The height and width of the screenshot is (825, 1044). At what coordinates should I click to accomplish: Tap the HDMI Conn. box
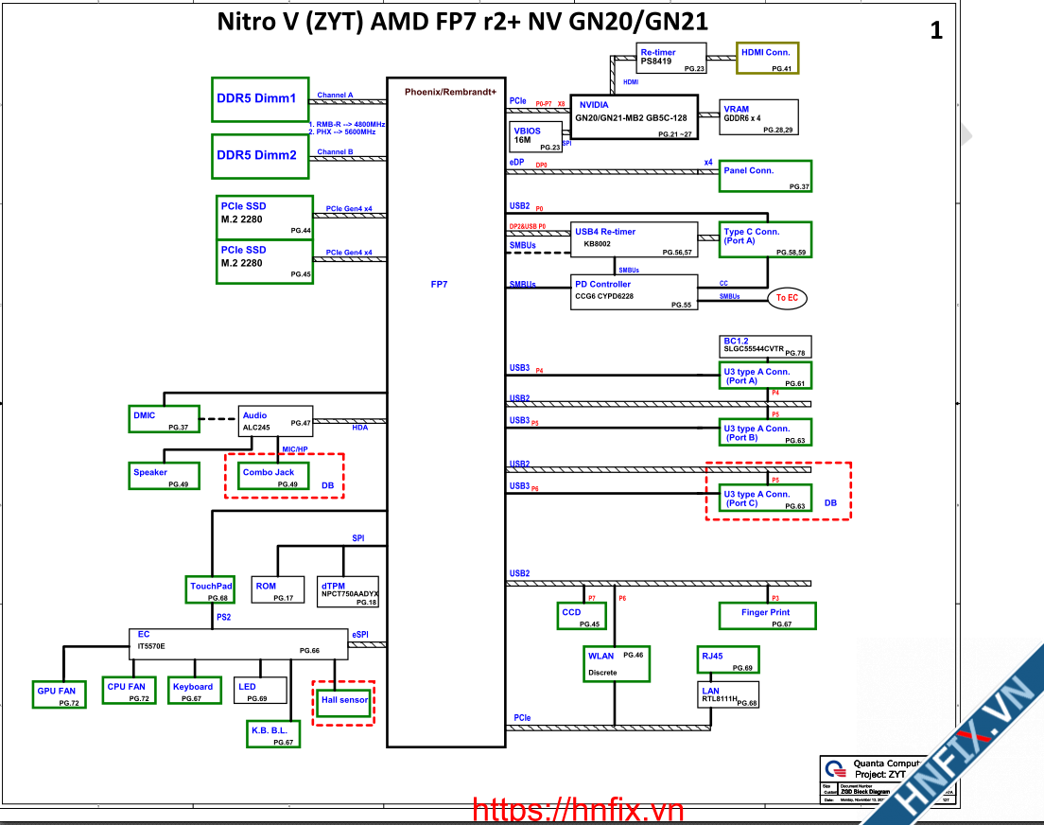(x=767, y=58)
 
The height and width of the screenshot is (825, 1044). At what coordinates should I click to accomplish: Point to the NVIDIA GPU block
(x=634, y=117)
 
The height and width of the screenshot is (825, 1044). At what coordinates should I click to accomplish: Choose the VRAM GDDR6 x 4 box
(x=758, y=116)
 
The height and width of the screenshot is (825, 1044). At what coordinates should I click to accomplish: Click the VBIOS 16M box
(x=536, y=137)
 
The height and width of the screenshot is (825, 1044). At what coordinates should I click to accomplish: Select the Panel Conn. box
(x=765, y=176)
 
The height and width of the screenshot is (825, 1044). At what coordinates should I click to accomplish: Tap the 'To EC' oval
(x=787, y=298)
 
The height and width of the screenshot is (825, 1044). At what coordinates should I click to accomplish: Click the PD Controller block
(x=635, y=293)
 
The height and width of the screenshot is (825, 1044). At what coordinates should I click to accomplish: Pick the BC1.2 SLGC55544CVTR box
(x=766, y=346)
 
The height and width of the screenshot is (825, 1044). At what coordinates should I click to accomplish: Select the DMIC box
(x=164, y=419)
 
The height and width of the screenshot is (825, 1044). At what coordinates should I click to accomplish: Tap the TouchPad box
(x=210, y=590)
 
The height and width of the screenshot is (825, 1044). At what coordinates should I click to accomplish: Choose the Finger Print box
(x=779, y=617)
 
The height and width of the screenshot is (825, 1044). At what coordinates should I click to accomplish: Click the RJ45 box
(x=727, y=659)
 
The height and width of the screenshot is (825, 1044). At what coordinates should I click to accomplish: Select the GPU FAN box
(x=57, y=694)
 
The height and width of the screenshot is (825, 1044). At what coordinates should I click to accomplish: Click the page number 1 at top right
(x=936, y=31)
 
